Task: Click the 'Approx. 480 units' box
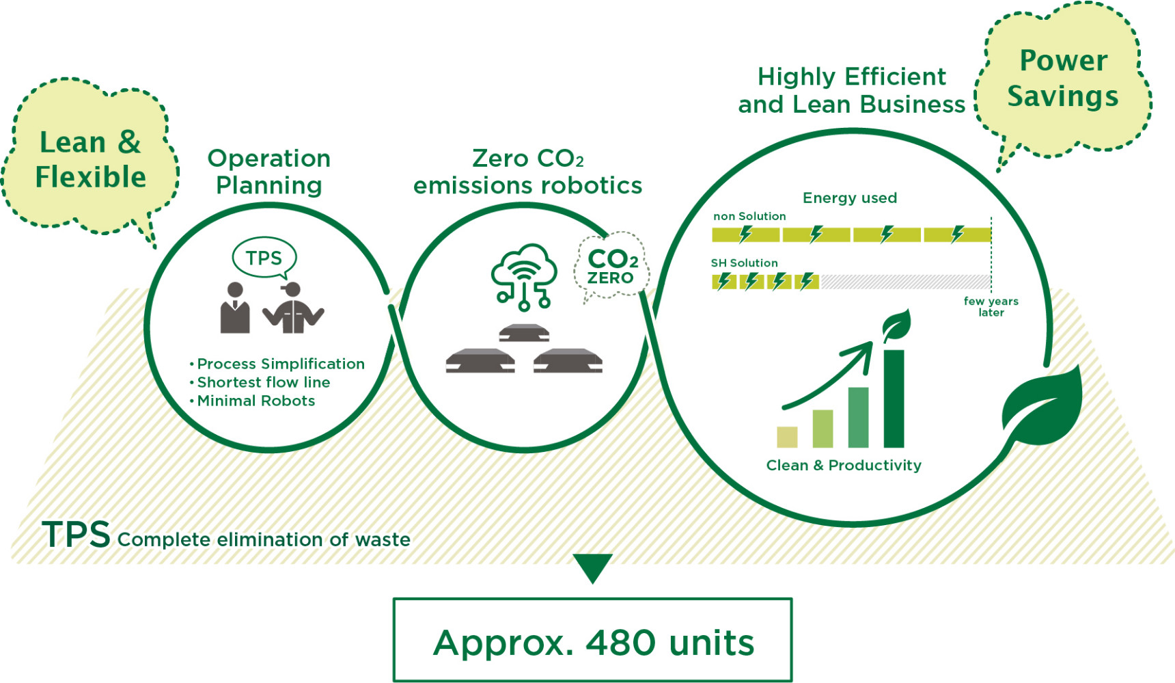coord(592,640)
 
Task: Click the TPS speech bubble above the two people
coord(264,258)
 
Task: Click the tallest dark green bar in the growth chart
coord(894,399)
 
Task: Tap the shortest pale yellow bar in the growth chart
coord(787,437)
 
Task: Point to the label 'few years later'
coord(991,306)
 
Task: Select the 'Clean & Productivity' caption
coord(844,466)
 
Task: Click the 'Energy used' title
coord(850,198)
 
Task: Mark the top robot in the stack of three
coord(524,333)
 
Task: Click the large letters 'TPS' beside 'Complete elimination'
coord(76,534)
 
